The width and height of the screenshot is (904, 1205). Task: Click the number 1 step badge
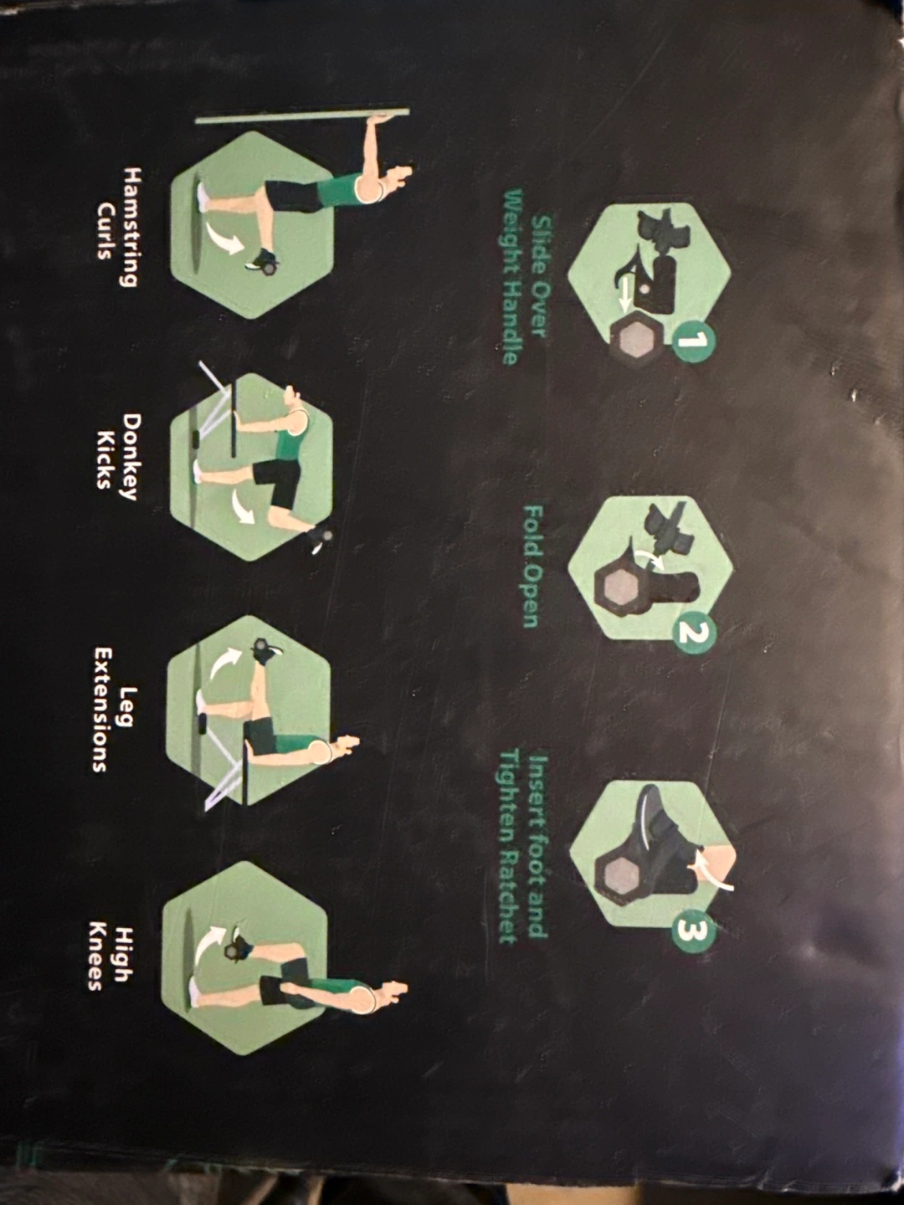[x=693, y=342]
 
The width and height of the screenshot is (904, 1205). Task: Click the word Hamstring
[x=131, y=227]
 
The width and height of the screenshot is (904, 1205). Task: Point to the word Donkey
[x=131, y=456]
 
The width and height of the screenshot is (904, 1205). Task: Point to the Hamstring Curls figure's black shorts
[x=295, y=197]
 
